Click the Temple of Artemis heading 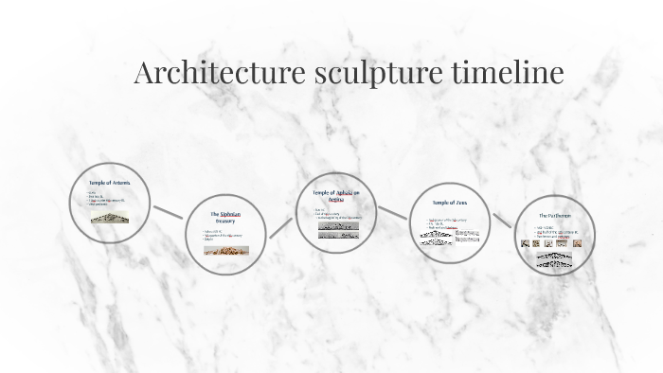[110, 182]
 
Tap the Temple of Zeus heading [449, 203]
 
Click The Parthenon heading [555, 216]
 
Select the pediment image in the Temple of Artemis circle [110, 217]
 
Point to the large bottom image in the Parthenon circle [555, 258]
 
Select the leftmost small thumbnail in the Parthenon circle [537, 243]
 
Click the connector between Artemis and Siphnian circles [169, 212]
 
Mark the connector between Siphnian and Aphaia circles [282, 225]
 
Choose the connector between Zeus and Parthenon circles [502, 220]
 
